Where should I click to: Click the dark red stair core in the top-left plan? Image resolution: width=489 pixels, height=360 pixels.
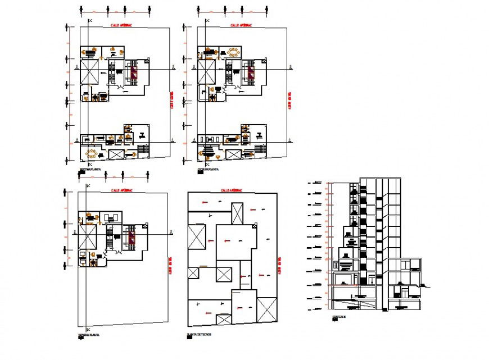click(133, 72)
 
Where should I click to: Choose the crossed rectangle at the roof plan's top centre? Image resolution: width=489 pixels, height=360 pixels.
click(238, 214)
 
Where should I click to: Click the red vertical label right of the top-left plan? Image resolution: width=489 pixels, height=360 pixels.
click(171, 101)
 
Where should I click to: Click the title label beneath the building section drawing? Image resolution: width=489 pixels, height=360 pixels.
click(339, 317)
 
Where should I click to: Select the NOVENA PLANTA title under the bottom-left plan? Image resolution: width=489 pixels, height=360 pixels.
click(89, 335)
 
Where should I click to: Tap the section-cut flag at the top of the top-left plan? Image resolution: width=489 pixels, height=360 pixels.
click(88, 21)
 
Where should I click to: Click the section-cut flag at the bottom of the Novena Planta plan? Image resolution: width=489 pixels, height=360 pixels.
click(88, 327)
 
